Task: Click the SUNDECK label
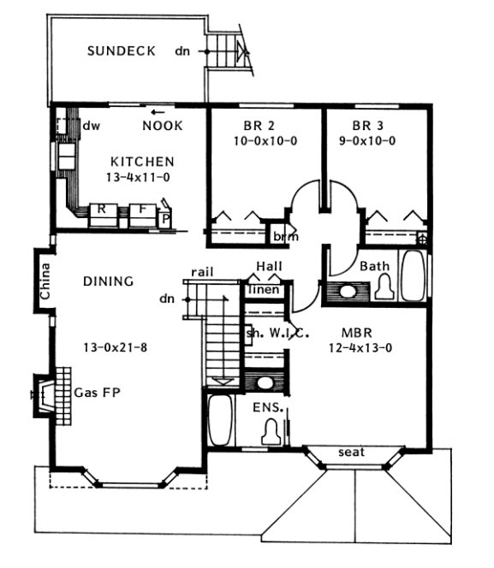pos(122,50)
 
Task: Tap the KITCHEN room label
pos(143,161)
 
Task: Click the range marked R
pos(101,209)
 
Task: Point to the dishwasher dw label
pos(92,126)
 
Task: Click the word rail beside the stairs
pos(202,272)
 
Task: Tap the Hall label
pos(270,267)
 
